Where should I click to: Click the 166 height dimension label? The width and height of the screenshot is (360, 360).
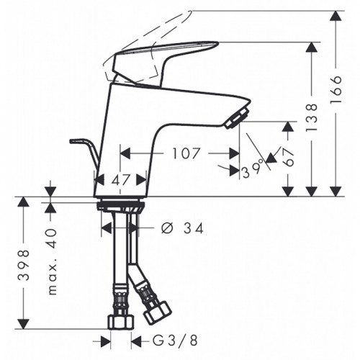click(x=336, y=89)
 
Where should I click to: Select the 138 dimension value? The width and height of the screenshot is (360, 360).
click(x=312, y=117)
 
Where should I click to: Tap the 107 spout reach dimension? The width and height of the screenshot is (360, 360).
click(x=186, y=153)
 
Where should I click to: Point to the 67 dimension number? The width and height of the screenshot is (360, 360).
click(x=288, y=158)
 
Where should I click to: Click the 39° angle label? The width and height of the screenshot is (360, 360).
click(x=252, y=171)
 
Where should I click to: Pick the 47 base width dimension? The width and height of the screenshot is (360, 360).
click(x=121, y=180)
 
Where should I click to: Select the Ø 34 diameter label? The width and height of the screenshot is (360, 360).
click(x=182, y=228)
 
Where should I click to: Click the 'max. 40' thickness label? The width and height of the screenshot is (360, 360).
click(x=53, y=262)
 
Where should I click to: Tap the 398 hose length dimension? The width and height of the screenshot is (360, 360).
click(x=24, y=265)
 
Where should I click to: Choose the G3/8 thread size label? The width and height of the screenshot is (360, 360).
click(x=175, y=341)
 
